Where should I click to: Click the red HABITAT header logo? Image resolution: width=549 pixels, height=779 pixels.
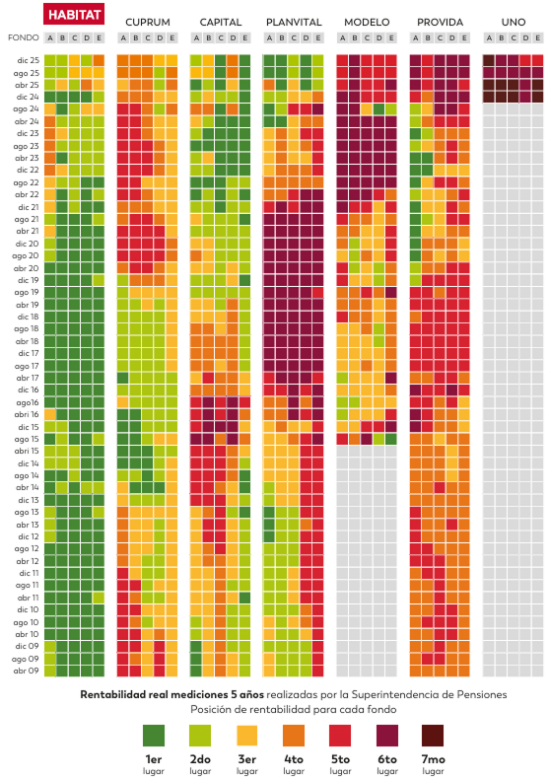[x=74, y=14]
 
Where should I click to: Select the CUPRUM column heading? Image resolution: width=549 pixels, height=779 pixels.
[x=148, y=23]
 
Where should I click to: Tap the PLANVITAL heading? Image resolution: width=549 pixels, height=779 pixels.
[x=294, y=23]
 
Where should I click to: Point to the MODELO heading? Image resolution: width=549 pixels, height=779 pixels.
[x=367, y=23]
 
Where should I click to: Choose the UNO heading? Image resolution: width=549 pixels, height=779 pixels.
[x=514, y=23]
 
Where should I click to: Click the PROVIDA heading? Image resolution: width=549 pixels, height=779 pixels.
[x=440, y=23]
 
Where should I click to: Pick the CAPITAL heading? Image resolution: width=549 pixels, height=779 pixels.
[x=221, y=23]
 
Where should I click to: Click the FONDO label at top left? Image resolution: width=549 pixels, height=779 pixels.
[x=24, y=37]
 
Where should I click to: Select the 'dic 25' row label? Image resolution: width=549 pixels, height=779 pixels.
[x=28, y=60]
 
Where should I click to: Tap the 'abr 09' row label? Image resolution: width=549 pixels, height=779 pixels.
[x=27, y=671]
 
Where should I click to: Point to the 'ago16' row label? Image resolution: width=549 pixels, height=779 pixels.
[x=28, y=402]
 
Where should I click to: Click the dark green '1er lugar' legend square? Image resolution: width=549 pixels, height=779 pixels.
[x=154, y=736]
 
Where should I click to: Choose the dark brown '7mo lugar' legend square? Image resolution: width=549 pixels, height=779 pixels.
[x=433, y=736]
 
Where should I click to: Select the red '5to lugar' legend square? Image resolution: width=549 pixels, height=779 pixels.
[x=340, y=736]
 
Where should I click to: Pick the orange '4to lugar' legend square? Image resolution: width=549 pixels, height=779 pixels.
[x=294, y=736]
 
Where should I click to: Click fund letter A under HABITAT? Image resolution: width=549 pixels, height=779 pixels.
[x=49, y=37]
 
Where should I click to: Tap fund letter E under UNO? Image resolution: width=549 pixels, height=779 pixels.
[x=537, y=37]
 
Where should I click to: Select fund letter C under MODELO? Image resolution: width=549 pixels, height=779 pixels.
[x=367, y=37]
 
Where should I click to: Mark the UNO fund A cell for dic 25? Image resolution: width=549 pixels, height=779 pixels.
[x=489, y=60]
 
